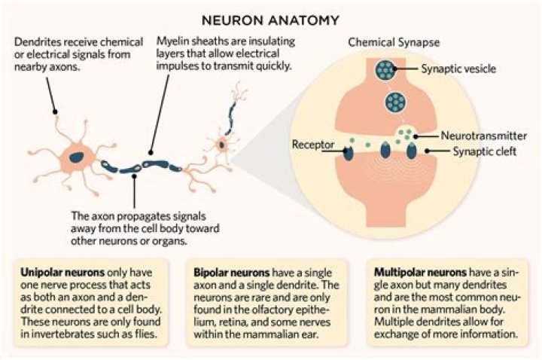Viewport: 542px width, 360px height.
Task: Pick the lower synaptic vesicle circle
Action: click(x=396, y=102)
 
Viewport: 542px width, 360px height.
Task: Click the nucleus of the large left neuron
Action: click(x=77, y=157)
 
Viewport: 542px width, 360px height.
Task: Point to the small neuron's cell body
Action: click(x=221, y=144)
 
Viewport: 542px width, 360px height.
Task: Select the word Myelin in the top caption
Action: click(x=171, y=41)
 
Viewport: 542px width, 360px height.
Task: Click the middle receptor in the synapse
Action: click(x=385, y=150)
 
